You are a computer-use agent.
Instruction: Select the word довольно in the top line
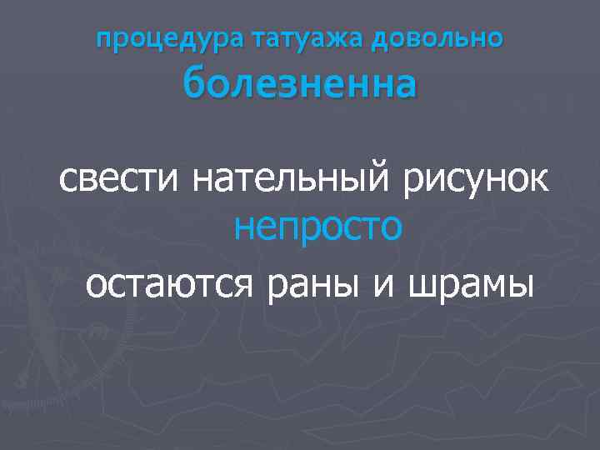pos(426,39)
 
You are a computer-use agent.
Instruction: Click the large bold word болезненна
pos(299,84)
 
